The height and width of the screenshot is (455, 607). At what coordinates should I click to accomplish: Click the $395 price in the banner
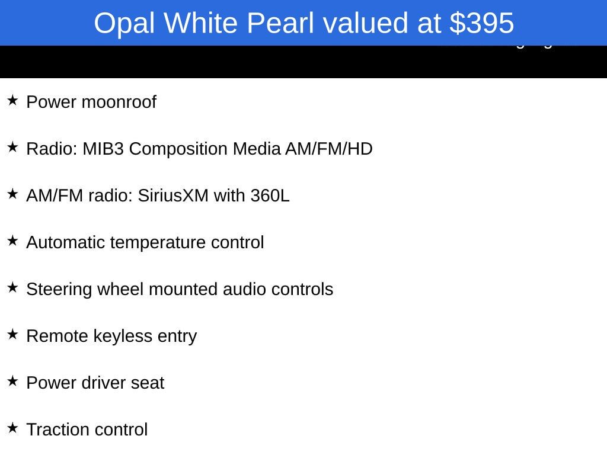click(x=481, y=23)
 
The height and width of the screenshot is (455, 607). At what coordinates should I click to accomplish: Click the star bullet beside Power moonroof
click(x=12, y=100)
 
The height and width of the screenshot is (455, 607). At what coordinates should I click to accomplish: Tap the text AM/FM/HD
click(x=329, y=149)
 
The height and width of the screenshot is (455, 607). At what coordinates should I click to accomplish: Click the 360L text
click(x=270, y=196)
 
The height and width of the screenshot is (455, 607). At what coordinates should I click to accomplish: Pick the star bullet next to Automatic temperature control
click(x=12, y=241)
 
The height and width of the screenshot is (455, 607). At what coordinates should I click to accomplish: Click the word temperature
click(x=158, y=243)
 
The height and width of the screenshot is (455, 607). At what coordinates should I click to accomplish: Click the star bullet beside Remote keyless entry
click(x=12, y=334)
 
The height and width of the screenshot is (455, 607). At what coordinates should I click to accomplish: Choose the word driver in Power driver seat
click(x=103, y=383)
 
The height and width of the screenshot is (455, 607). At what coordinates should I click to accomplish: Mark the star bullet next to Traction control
click(x=12, y=428)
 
